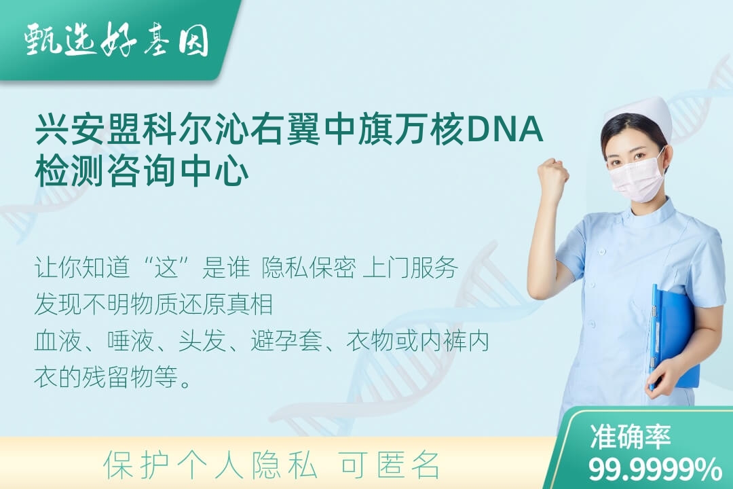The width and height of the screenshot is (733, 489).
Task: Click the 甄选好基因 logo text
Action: (x=116, y=41)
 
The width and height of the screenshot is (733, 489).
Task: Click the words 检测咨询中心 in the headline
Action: (x=142, y=170)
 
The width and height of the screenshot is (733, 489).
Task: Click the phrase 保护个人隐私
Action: (x=210, y=465)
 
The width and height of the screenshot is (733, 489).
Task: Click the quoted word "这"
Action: (x=167, y=268)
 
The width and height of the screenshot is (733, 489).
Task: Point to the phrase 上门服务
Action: (x=410, y=268)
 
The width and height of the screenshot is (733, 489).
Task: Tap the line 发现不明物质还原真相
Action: (x=154, y=304)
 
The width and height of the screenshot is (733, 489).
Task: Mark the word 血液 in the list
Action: (x=58, y=341)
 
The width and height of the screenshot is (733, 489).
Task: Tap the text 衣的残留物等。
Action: (x=113, y=377)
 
